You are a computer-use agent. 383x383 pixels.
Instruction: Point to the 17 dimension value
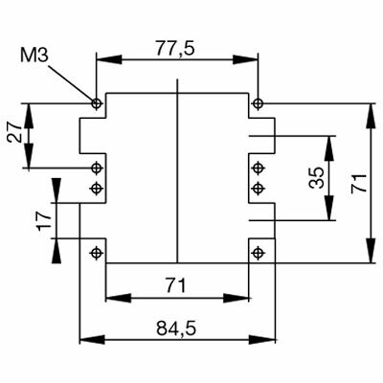pos(43,221)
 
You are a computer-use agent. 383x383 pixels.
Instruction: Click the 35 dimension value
pos(316,179)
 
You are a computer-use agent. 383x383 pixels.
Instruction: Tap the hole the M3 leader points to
pos(96,102)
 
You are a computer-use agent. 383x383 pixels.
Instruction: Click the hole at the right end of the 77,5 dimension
pos(258,102)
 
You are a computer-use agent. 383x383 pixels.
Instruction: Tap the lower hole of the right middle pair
pos(258,187)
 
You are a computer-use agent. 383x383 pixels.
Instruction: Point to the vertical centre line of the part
pos(177,172)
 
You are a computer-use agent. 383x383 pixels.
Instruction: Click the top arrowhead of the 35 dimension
pos(330,143)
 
